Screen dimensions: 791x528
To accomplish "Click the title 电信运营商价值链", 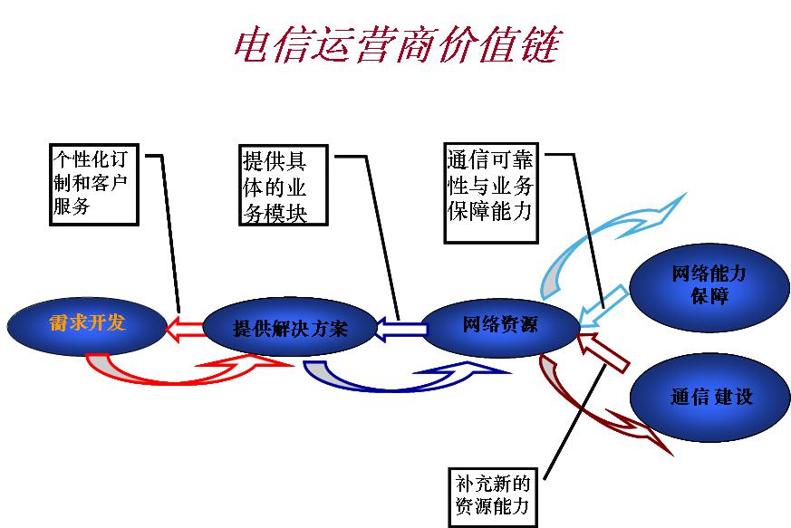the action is point(399,45).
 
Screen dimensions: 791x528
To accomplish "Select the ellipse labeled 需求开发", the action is point(87,326).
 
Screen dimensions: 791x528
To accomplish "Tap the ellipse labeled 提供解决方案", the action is point(290,327).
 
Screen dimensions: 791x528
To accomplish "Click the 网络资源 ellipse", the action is point(500,327).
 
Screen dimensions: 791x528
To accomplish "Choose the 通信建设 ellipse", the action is point(710,398).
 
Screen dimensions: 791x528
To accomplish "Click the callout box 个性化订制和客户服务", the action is point(94,185).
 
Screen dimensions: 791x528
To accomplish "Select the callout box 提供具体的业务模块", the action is point(284,185).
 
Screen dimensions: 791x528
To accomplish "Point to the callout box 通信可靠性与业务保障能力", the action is point(491,193).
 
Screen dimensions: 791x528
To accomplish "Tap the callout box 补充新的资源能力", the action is point(493,497).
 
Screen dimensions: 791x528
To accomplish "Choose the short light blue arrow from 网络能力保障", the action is point(603,306).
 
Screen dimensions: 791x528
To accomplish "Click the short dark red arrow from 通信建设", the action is point(603,351).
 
